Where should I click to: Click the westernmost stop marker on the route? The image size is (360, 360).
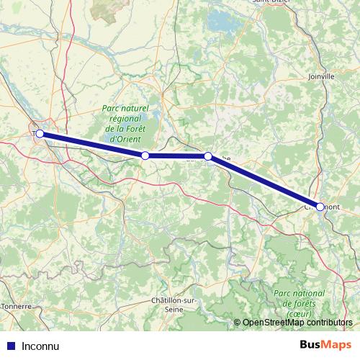point(40,133)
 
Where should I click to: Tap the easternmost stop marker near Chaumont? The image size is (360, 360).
point(320,207)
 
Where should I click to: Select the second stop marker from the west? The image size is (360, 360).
point(145,156)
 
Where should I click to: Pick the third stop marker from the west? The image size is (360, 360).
point(207,156)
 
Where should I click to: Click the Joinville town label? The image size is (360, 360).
point(320,76)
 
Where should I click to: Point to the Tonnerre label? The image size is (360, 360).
point(16,305)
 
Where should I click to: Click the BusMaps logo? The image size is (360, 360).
point(325,345)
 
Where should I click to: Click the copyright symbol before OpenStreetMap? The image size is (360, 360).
point(238,323)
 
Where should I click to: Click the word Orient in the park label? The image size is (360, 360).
point(127,139)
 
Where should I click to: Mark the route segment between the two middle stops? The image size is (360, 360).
point(176,156)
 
